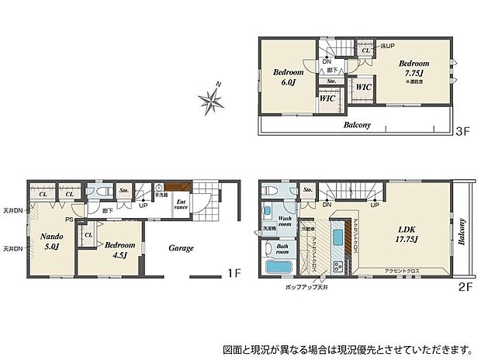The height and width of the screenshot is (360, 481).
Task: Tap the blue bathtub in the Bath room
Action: pyautogui.click(x=278, y=268)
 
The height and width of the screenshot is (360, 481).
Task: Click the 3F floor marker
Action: pyautogui.click(x=463, y=133)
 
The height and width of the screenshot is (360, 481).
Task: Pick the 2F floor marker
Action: pyautogui.click(x=464, y=285)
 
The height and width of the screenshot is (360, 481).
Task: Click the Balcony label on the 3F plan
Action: pyautogui.click(x=357, y=124)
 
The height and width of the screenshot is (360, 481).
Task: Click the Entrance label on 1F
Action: pyautogui.click(x=180, y=204)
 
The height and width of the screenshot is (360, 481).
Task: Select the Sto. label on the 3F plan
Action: pyautogui.click(x=331, y=80)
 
